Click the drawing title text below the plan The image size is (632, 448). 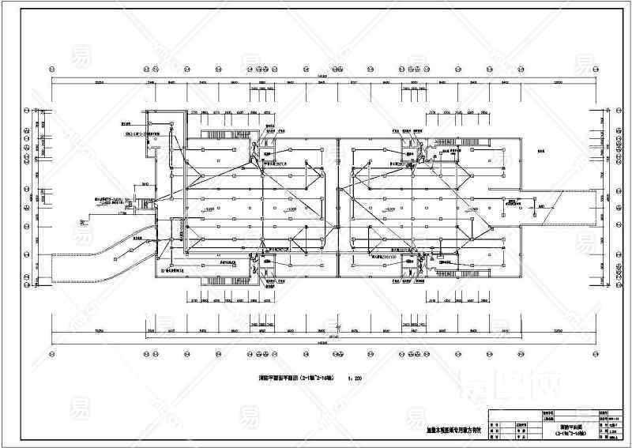click(295, 378)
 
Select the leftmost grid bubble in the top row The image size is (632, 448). click(52, 66)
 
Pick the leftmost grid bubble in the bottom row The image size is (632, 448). click(52, 355)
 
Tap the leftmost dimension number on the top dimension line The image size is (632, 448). click(100, 81)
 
